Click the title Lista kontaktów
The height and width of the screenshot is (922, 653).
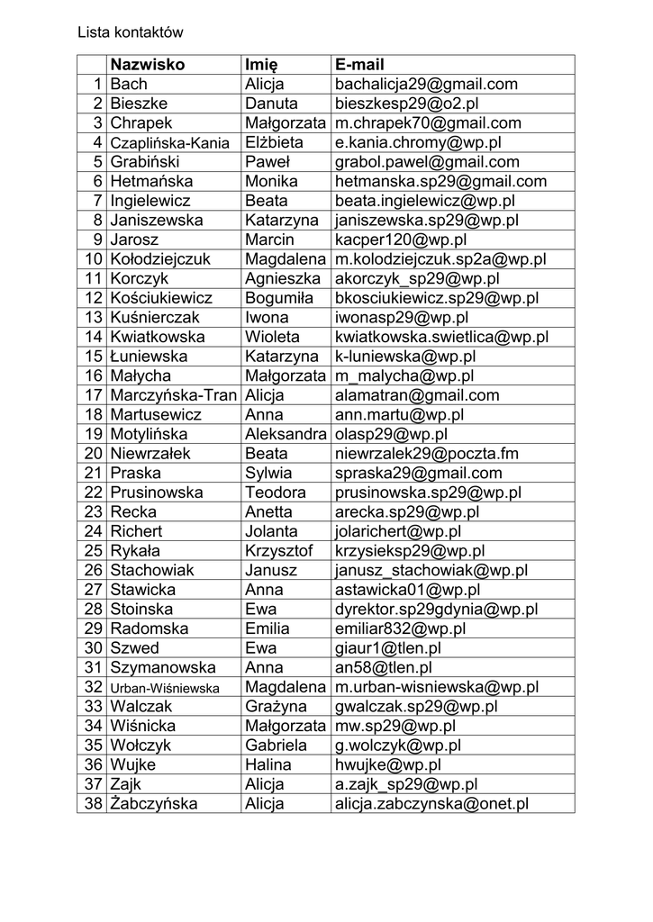(130, 32)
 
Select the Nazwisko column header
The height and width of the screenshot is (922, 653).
(147, 65)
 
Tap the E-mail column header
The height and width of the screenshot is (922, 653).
(359, 65)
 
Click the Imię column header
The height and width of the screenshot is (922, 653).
(261, 65)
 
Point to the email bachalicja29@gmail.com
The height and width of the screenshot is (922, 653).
(426, 85)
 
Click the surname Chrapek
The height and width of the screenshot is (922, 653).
(141, 123)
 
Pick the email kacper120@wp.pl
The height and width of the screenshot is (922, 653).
(400, 240)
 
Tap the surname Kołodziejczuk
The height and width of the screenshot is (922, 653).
(160, 259)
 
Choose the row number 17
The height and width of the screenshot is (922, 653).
(93, 395)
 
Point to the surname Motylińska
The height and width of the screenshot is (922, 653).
(156, 434)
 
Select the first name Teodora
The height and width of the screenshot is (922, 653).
(276, 493)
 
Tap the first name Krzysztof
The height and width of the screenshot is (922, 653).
(278, 551)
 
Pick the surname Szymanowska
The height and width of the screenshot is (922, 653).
(163, 668)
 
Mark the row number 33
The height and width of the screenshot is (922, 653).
(93, 707)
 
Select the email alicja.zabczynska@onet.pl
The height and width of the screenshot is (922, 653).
(431, 804)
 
